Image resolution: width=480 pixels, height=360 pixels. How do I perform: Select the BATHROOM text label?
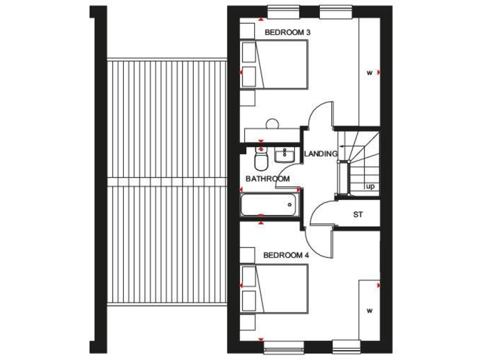267,179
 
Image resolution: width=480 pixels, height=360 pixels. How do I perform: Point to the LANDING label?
321,154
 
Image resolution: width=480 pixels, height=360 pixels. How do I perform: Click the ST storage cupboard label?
358,215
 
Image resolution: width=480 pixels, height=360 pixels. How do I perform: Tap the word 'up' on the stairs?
370,186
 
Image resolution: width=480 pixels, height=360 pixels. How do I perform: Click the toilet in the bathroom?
262,160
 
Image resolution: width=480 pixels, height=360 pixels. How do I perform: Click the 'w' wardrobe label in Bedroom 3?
369,72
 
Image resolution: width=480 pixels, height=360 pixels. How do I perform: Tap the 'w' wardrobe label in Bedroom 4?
369,310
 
